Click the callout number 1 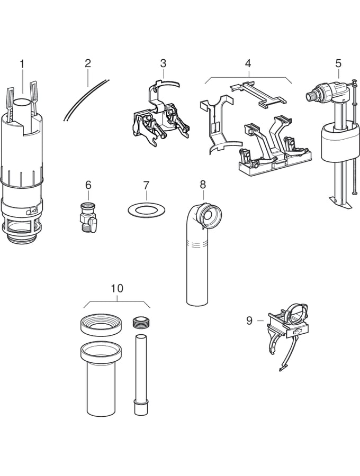tap(22, 64)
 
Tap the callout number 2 tap(88, 63)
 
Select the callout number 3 tap(163, 63)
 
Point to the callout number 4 tap(248, 63)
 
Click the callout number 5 tap(338, 63)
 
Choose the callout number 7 tap(146, 186)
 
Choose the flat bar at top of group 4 tap(258, 93)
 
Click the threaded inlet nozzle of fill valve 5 tap(311, 96)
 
